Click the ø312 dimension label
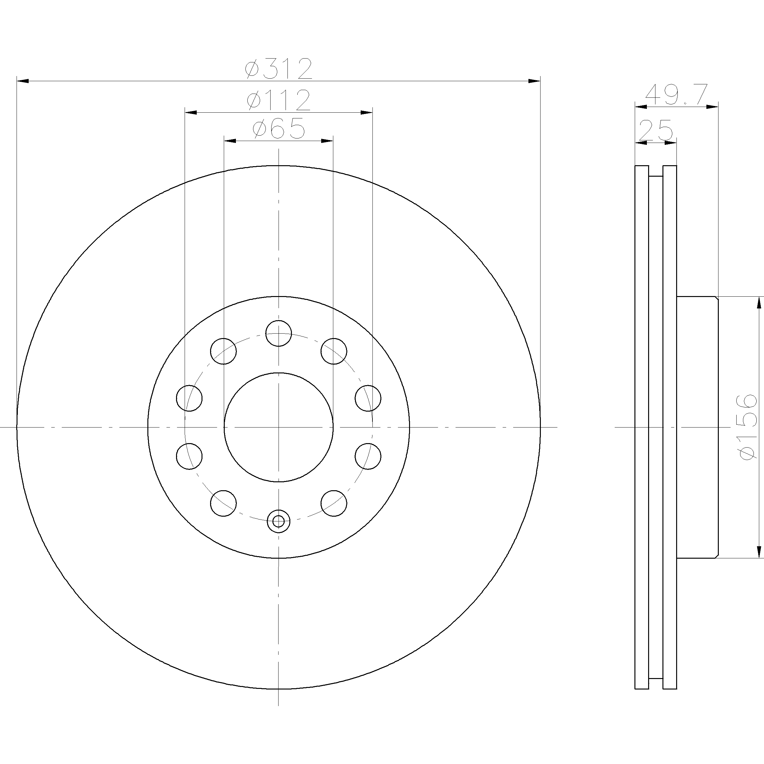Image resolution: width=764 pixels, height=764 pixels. tap(279, 68)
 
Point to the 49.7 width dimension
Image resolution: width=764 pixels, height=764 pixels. tap(676, 95)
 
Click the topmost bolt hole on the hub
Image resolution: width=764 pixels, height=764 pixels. tap(279, 333)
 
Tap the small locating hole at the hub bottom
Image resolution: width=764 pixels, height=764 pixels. tap(279, 521)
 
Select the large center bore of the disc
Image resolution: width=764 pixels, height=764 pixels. tap(279, 427)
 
